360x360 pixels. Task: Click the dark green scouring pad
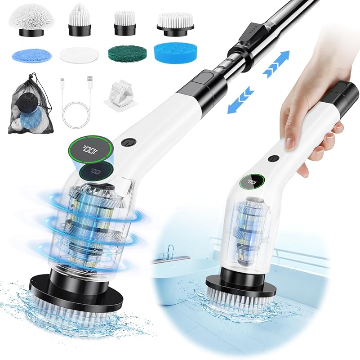pyautogui.click(x=125, y=55)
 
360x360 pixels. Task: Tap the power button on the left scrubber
pyautogui.click(x=127, y=143)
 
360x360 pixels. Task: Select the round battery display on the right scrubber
pyautogui.click(x=250, y=182)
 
